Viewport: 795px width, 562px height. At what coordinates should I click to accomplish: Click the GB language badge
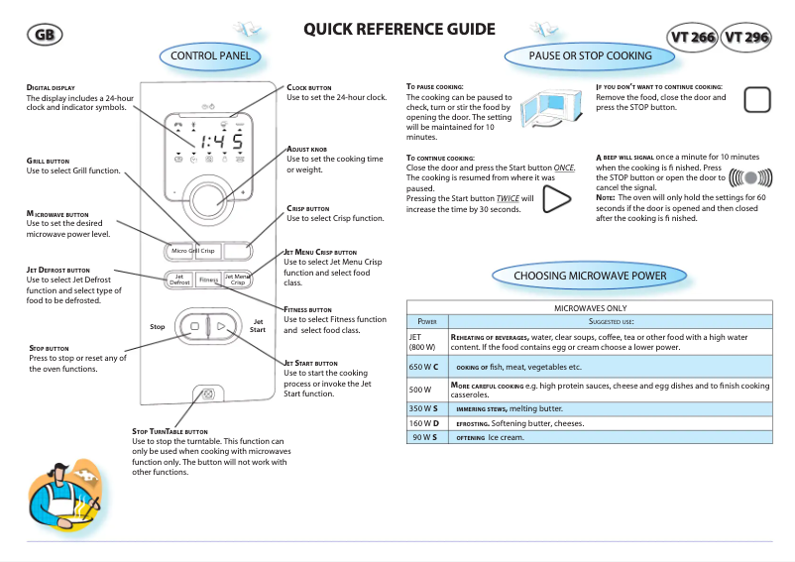[45, 35]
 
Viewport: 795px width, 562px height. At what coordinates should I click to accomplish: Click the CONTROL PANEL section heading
[210, 56]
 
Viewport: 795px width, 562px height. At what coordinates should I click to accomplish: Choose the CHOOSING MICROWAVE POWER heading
[589, 275]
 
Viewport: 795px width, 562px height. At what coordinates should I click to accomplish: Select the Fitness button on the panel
[208, 281]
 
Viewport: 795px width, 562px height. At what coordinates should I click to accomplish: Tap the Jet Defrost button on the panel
[179, 281]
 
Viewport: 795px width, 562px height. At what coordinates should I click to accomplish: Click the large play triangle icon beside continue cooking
[556, 199]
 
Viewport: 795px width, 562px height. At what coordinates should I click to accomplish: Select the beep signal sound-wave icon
[749, 178]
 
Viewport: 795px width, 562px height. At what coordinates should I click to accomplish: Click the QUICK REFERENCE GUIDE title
[399, 29]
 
